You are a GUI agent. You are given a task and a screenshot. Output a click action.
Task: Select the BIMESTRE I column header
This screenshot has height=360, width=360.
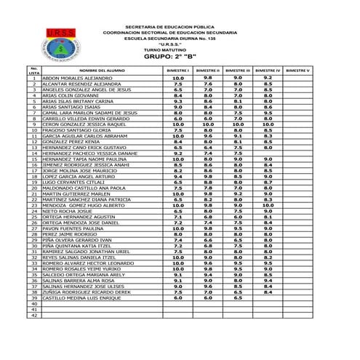177,70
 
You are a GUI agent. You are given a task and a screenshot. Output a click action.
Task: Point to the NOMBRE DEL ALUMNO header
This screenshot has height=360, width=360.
93,70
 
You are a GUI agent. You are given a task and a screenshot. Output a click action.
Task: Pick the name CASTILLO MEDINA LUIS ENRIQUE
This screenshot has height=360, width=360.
80,298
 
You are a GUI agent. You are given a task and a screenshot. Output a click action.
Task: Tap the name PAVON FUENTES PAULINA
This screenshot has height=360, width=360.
73,228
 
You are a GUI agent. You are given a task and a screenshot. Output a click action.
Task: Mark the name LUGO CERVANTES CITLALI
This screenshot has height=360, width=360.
73,182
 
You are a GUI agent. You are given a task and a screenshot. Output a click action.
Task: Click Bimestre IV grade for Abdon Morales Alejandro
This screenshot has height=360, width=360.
268,78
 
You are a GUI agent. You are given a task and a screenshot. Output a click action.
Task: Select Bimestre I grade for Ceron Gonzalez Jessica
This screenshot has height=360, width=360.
178,124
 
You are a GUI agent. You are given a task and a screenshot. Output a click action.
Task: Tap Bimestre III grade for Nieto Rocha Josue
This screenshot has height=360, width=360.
238,211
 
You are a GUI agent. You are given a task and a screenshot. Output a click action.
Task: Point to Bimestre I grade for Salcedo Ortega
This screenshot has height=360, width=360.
178,275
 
